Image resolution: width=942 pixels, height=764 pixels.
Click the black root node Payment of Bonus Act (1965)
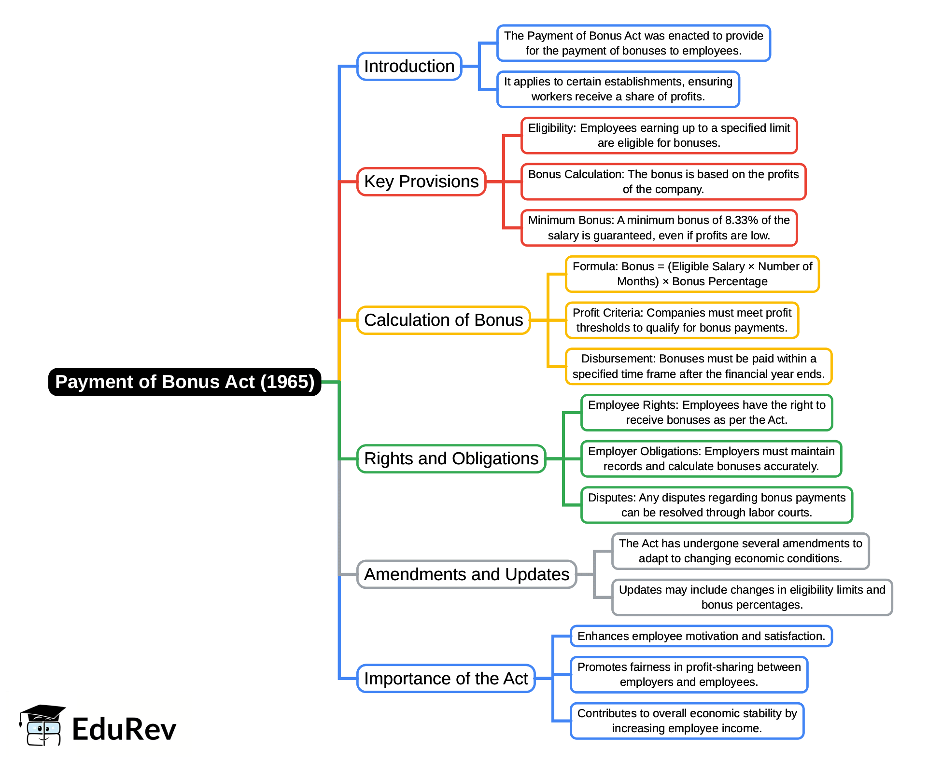[x=184, y=382]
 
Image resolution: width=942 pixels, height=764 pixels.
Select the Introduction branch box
[x=409, y=66]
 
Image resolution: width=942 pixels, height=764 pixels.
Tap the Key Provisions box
[x=421, y=181]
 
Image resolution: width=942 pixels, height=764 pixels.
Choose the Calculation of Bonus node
[x=443, y=320]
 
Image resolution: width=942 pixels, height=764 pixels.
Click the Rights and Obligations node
[x=451, y=458]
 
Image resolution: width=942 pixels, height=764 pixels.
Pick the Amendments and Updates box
[x=466, y=574]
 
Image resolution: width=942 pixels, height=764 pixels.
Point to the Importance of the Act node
[x=446, y=679]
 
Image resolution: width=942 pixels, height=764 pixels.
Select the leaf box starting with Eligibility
[x=659, y=135]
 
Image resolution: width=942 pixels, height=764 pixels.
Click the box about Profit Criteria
[x=682, y=320]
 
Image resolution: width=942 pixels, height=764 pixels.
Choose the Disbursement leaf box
[x=698, y=366]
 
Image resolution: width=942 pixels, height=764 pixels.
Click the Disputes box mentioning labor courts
[x=717, y=505]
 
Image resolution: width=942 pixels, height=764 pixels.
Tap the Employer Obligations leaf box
[x=711, y=458]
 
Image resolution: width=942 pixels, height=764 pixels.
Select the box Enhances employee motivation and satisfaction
[x=701, y=636]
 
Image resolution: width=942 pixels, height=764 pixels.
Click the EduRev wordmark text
[x=124, y=729]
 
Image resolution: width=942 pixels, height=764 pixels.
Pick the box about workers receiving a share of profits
[x=618, y=89]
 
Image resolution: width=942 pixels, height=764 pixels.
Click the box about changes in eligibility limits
[x=752, y=597]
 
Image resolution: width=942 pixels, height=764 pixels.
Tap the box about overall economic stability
[x=687, y=721]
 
